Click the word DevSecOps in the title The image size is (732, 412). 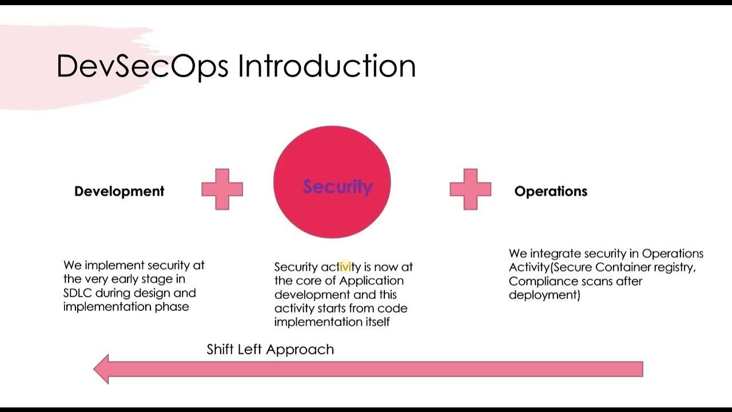[142, 66]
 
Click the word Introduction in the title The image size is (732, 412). [327, 66]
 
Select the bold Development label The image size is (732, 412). [119, 191]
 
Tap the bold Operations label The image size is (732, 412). [551, 191]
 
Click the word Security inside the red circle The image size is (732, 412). [337, 187]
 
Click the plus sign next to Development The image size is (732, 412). [222, 189]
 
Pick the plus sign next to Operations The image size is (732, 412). [470, 189]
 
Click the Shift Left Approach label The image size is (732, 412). [270, 349]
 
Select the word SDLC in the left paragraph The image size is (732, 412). [78, 293]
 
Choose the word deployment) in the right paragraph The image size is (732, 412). [544, 295]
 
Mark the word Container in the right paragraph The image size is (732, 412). [623, 267]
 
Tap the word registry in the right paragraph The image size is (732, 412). [675, 267]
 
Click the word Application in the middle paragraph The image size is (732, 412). [371, 280]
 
